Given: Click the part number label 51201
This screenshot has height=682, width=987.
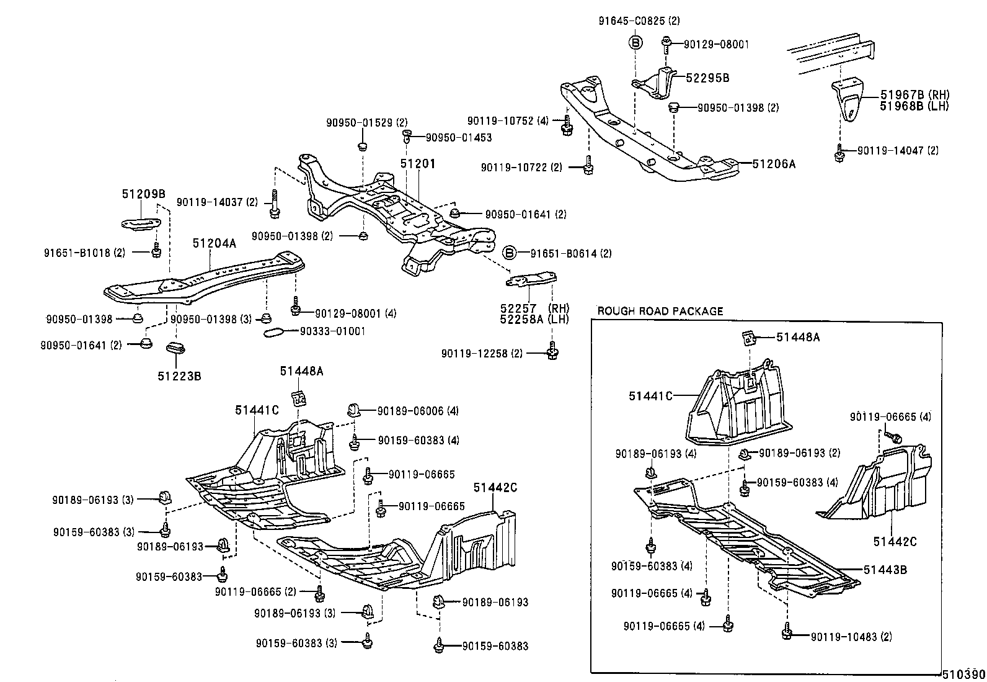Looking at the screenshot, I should [x=417, y=164].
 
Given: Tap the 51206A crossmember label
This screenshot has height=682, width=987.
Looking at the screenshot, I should [x=773, y=164].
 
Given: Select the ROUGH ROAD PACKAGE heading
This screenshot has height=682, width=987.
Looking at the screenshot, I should [x=660, y=311].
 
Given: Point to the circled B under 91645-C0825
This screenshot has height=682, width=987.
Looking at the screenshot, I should [x=635, y=43].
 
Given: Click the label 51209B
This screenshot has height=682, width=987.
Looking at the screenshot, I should [x=143, y=194].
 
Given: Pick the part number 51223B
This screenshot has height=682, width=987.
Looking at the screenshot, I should [x=179, y=375].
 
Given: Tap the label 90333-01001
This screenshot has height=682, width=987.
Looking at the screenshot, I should [x=332, y=331].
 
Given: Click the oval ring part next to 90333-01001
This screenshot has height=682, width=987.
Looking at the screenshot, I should [x=273, y=333].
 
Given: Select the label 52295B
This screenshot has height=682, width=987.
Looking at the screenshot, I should [x=707, y=78].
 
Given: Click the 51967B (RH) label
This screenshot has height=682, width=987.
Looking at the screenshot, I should [x=914, y=95].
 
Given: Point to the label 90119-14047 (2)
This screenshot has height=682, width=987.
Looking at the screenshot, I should [x=898, y=151].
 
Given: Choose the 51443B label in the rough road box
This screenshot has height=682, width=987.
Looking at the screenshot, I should [x=885, y=569].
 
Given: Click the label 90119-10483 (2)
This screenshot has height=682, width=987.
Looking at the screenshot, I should [x=851, y=636].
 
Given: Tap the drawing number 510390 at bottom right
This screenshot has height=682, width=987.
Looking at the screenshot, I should [x=963, y=675].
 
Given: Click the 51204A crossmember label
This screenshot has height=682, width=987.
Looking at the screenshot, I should [x=214, y=244].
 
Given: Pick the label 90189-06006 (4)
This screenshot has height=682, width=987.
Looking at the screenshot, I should [x=418, y=410].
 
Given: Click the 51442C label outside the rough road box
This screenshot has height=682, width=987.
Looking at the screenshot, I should [x=495, y=488].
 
